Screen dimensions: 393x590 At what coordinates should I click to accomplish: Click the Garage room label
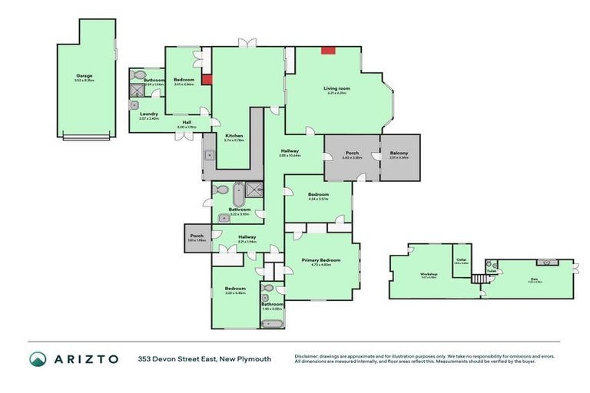(x=85, y=76)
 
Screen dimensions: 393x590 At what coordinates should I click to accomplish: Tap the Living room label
(x=335, y=89)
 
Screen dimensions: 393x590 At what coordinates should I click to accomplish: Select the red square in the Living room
(x=328, y=51)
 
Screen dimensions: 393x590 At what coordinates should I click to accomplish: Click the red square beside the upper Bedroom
(x=207, y=78)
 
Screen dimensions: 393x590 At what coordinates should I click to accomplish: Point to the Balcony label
(x=399, y=154)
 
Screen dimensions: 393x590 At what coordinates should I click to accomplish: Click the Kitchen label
(x=234, y=136)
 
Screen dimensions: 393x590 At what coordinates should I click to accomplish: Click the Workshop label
(x=428, y=274)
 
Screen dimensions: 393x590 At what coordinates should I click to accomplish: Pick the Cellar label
(x=461, y=259)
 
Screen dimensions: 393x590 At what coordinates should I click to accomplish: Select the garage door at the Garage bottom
(x=87, y=138)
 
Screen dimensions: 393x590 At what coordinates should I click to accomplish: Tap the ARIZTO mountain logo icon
(x=38, y=358)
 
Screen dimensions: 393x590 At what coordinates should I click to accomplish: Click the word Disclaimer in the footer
(x=308, y=355)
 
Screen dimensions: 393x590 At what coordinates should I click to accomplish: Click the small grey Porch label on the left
(x=197, y=236)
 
